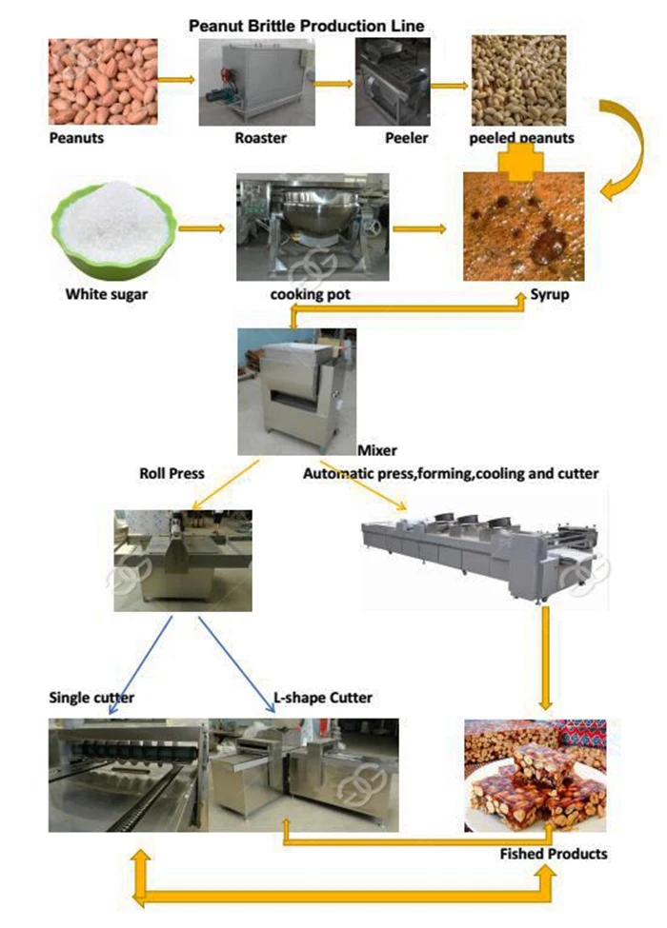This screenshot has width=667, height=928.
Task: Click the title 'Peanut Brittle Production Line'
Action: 306,25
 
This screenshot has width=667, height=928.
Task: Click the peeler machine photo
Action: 392,84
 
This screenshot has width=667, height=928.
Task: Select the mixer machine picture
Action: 296,390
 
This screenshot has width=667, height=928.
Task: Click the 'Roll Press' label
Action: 172,472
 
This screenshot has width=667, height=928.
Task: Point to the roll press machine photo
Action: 183,561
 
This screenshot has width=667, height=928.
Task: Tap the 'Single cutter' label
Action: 91,698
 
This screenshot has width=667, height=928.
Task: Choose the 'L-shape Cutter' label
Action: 322,698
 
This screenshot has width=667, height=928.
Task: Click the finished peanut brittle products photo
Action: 535,776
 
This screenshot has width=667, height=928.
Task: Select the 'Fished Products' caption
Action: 553,854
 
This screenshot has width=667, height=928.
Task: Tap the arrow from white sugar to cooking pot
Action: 202,228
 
